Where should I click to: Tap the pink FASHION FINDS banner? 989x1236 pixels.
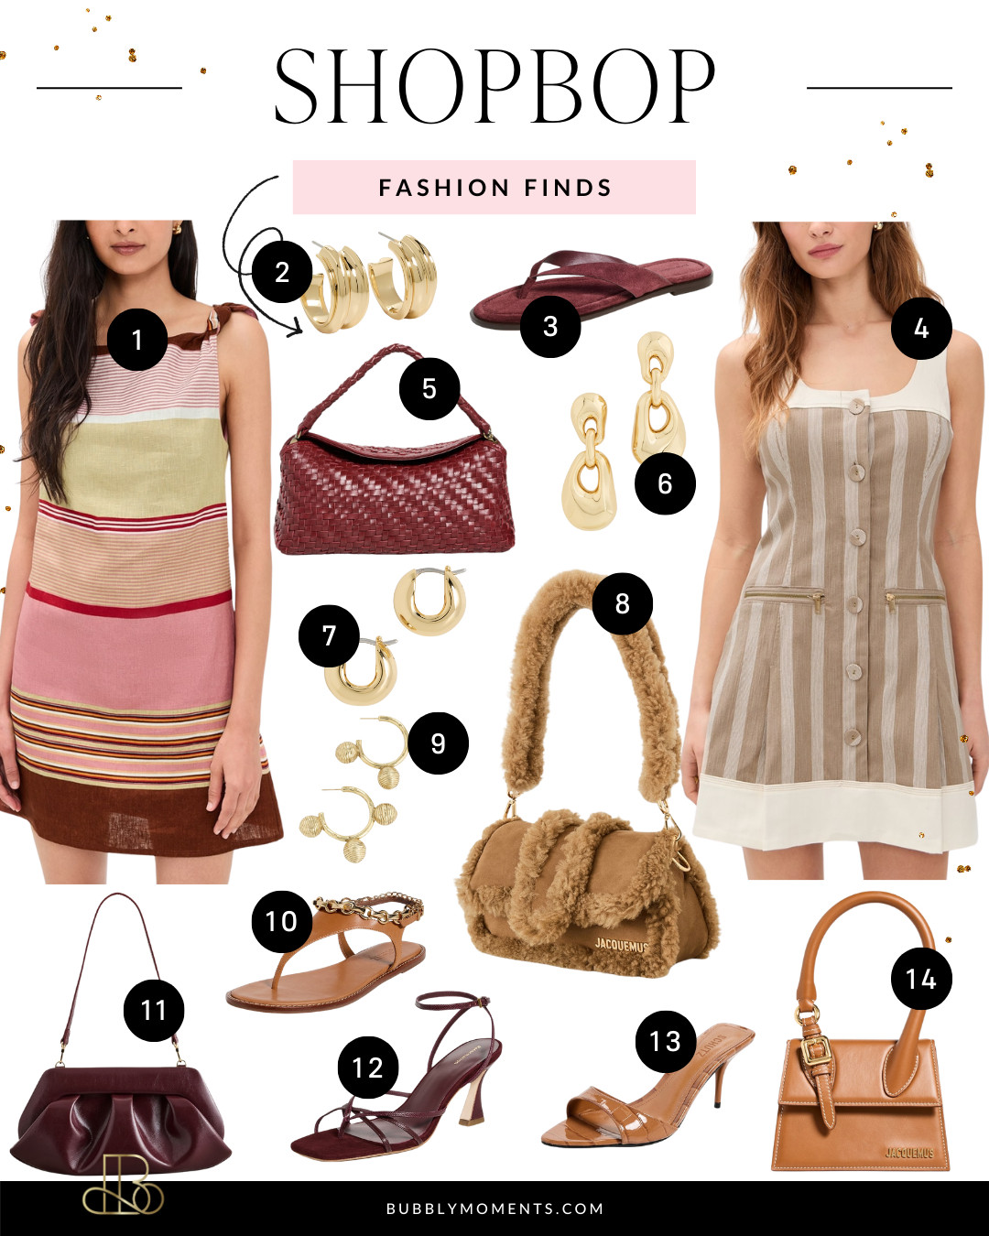pos(494,188)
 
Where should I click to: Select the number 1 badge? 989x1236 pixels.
pos(137,340)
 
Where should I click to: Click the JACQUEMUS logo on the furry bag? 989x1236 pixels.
pos(621,944)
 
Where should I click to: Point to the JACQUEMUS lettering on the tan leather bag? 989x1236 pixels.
pos(908,1152)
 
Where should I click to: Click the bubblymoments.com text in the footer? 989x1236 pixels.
pos(494,1209)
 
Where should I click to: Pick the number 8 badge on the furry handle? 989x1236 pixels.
pos(623,603)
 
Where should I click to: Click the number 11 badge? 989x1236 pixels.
pos(154,1010)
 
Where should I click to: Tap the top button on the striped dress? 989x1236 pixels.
pos(856,407)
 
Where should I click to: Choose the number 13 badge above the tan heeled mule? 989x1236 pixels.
pos(666,1041)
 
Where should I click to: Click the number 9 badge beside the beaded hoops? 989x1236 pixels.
pos(438,743)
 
